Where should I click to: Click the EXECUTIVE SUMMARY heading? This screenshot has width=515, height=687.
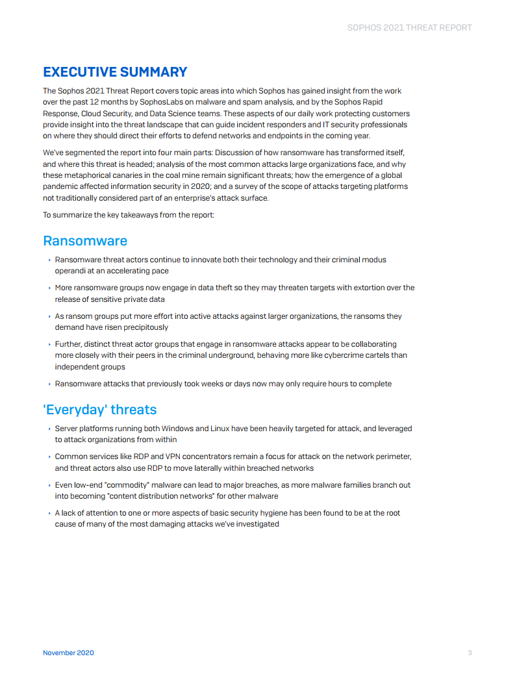(x=115, y=72)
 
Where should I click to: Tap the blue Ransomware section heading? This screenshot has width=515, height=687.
(x=85, y=241)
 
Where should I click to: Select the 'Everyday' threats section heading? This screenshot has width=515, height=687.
(x=99, y=410)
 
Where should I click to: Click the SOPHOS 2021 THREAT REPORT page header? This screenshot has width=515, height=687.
(x=409, y=28)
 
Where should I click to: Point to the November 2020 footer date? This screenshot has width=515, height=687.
(x=68, y=653)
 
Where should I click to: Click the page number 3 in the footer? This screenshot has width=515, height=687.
(x=470, y=653)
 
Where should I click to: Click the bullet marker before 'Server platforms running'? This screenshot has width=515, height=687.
(x=49, y=429)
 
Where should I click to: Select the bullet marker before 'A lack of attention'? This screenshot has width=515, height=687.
(x=49, y=513)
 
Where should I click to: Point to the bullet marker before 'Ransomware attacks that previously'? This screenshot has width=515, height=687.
(x=49, y=384)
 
